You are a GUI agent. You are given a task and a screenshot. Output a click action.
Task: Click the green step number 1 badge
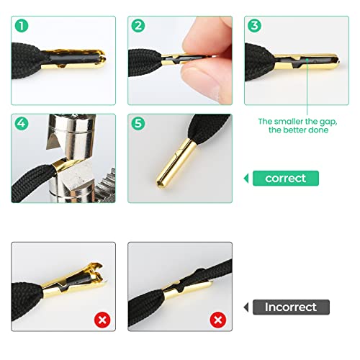click(x=22, y=27)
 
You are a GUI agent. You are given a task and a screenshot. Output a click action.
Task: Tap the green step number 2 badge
click(x=138, y=27)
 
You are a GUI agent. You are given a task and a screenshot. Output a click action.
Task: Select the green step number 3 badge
click(x=254, y=27)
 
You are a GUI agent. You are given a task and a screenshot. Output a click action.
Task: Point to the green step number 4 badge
click(x=22, y=123)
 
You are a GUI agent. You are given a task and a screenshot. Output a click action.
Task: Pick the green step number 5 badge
click(x=138, y=123)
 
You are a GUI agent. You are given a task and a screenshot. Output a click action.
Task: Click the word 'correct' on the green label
click(x=285, y=178)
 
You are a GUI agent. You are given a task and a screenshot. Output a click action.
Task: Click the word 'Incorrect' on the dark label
click(x=289, y=307)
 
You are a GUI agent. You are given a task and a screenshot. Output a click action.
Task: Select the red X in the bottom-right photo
click(x=216, y=319)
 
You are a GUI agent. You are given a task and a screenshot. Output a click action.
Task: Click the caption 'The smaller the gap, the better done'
click(x=294, y=127)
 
